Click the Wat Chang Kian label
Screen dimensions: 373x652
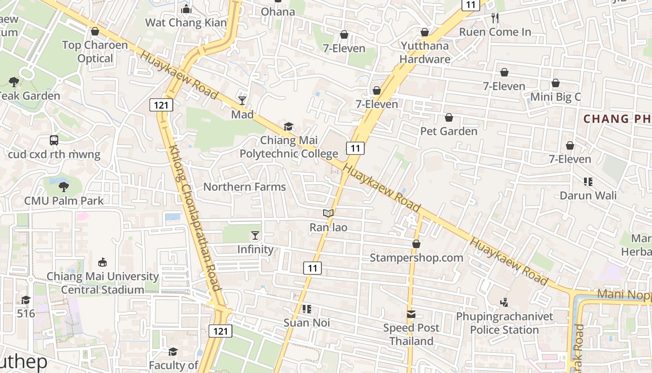click(186, 22)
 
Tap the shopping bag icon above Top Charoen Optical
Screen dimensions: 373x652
click(95, 31)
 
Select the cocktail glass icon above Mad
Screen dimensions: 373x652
click(242, 100)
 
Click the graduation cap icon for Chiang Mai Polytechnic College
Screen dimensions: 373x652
click(289, 126)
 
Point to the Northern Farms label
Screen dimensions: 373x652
click(244, 187)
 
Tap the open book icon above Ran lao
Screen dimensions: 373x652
click(328, 214)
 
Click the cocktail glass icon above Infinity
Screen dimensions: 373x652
click(255, 235)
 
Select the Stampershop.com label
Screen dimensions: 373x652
click(416, 257)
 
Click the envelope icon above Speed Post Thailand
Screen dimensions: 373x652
click(411, 314)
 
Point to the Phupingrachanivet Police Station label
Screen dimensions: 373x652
click(504, 323)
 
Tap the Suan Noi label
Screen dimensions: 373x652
click(307, 323)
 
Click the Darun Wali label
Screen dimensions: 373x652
click(588, 195)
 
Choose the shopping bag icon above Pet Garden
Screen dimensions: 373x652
click(449, 117)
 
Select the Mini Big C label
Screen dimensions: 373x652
click(556, 97)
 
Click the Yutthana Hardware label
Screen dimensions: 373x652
click(424, 52)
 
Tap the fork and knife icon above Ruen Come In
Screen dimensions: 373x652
click(495, 18)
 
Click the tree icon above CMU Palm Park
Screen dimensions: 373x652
click(64, 187)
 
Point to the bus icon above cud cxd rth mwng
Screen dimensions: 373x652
click(54, 140)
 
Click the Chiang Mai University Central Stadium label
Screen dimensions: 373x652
click(102, 283)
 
